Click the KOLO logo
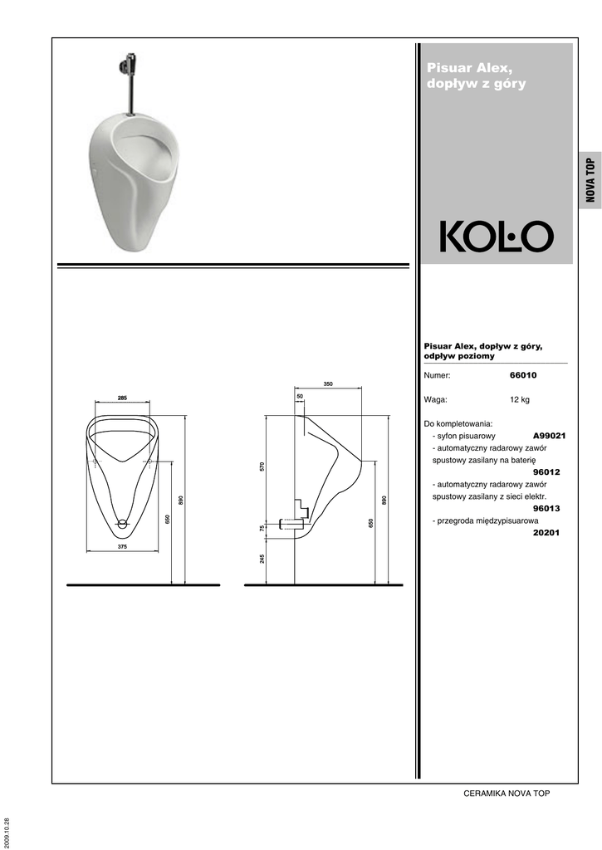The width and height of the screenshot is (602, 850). tap(497, 237)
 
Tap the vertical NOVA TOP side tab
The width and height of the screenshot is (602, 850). tap(590, 180)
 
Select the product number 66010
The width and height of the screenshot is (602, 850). tap(523, 375)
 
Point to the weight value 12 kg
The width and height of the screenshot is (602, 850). tap(520, 400)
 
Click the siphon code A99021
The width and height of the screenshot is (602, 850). tap(550, 436)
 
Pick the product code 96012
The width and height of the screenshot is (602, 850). tap(546, 472)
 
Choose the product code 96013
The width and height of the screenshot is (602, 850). tap(546, 509)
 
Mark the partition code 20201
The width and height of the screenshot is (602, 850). tap(546, 532)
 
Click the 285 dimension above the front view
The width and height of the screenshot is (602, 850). tap(122, 398)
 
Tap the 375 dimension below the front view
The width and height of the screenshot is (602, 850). tap(122, 547)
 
